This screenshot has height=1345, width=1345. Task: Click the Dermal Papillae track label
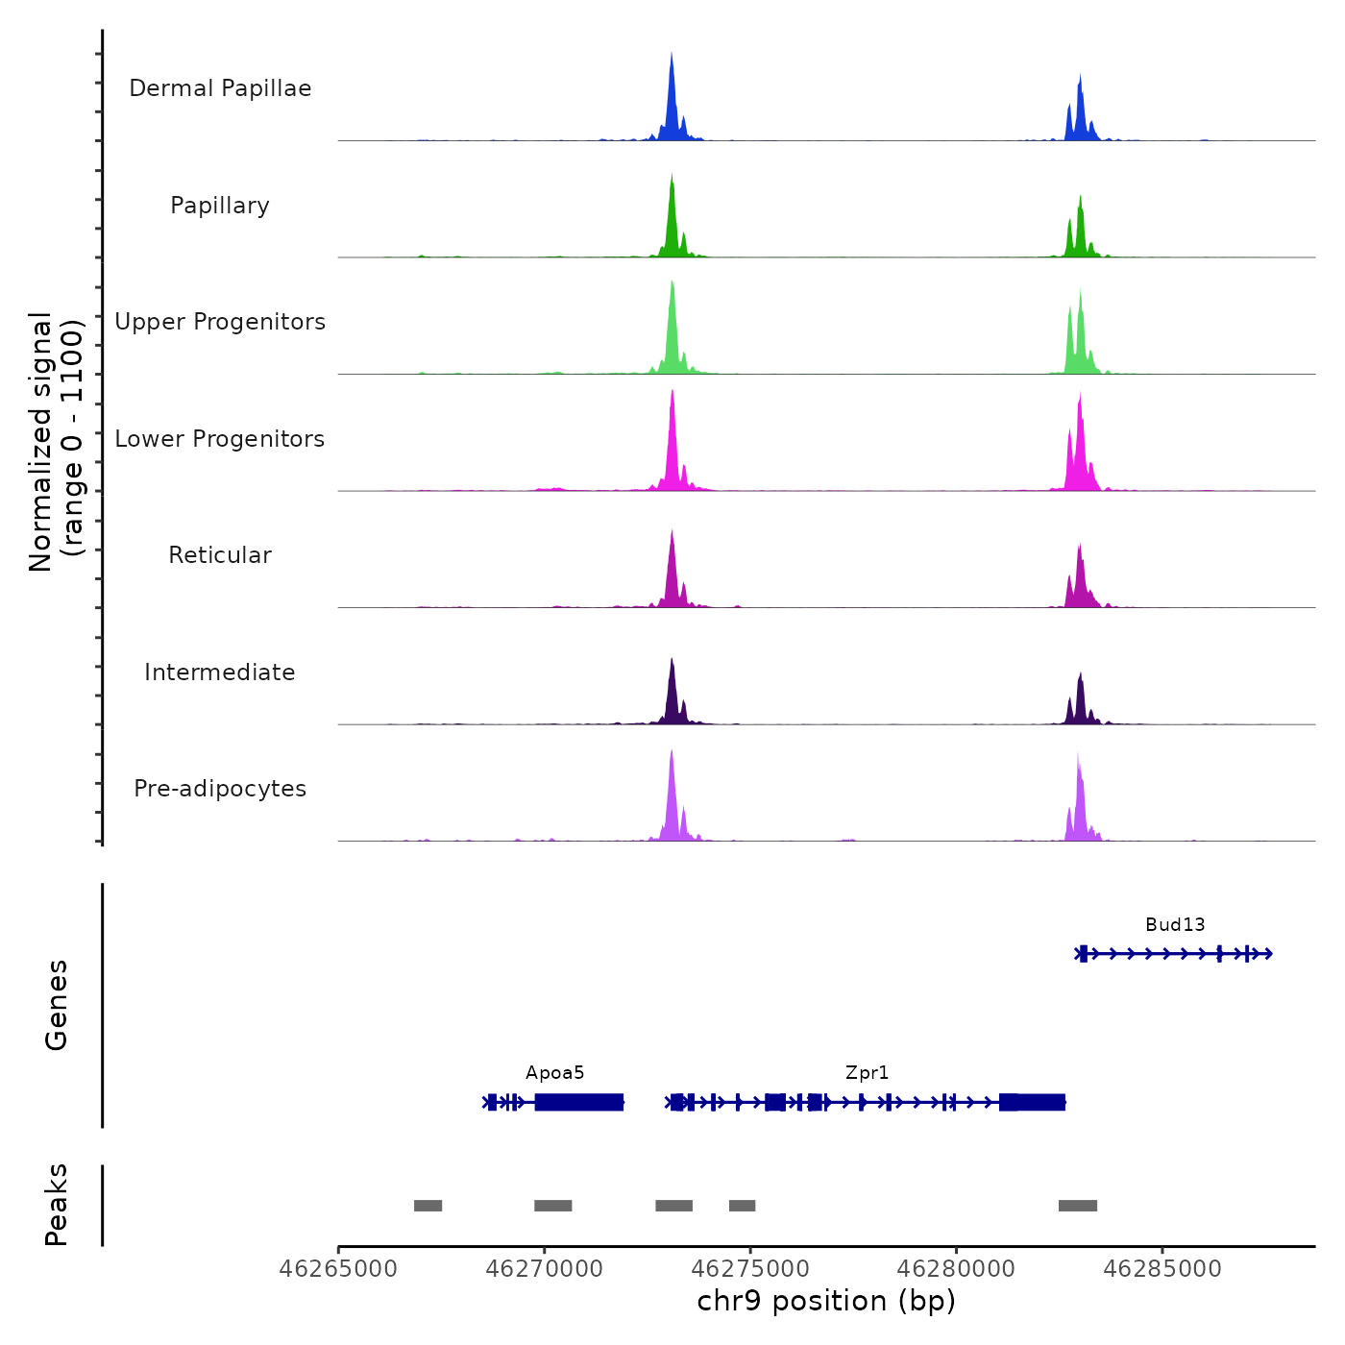click(x=220, y=88)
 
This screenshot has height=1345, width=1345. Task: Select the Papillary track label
click(x=220, y=206)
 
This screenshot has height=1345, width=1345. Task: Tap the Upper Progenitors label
click(x=220, y=322)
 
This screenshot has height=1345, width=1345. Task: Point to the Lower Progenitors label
click(x=220, y=439)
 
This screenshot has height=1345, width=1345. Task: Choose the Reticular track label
click(x=220, y=555)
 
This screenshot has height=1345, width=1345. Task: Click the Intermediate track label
click(x=220, y=672)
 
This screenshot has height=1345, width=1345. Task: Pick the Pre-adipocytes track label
click(x=220, y=789)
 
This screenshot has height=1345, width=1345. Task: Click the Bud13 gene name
click(x=1174, y=925)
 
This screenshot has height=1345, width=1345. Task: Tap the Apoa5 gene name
click(x=554, y=1073)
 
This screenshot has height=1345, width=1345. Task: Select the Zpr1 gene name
click(x=867, y=1073)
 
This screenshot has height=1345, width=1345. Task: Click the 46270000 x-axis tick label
click(x=544, y=1269)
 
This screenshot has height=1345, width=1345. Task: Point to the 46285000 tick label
click(x=1162, y=1269)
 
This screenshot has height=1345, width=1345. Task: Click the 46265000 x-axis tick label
click(x=338, y=1269)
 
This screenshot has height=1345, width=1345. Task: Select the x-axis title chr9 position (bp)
click(x=826, y=1301)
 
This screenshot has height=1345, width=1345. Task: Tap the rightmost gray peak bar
click(x=1077, y=1206)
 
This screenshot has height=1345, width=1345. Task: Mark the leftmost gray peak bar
click(x=428, y=1206)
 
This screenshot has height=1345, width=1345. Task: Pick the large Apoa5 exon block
click(x=578, y=1102)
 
